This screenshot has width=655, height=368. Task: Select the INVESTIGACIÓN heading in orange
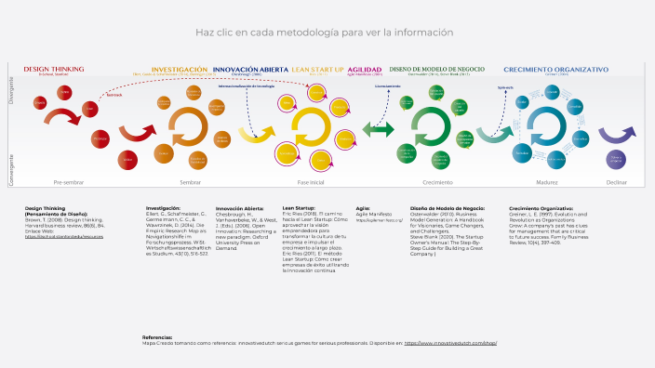[x=179, y=70]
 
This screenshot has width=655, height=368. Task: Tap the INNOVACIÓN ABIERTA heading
[x=250, y=70]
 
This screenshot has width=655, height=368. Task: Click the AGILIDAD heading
[x=365, y=70]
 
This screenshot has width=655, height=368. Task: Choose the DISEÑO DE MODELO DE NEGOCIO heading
[x=436, y=69]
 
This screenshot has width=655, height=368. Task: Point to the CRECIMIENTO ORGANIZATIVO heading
[x=555, y=69]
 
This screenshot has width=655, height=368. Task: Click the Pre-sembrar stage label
[x=68, y=182]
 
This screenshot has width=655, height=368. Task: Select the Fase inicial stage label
[x=311, y=182]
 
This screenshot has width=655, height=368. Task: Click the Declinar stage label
[x=615, y=182]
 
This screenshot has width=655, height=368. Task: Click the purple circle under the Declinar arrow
[x=615, y=160]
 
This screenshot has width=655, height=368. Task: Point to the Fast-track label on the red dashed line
[x=114, y=95]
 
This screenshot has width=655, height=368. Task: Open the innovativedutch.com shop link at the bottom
[x=450, y=343]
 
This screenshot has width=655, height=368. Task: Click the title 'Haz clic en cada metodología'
[x=325, y=32]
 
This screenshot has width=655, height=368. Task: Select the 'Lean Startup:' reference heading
[x=299, y=208]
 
